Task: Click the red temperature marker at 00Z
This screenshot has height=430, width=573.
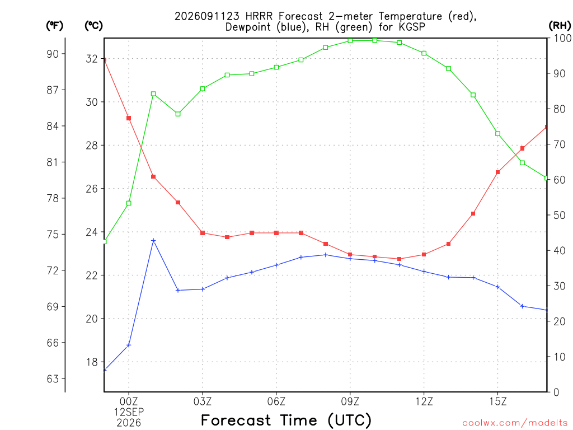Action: tap(129, 118)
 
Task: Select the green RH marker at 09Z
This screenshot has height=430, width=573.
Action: tap(350, 40)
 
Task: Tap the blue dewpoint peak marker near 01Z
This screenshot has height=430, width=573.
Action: tap(153, 241)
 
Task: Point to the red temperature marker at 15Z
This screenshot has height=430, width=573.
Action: tap(497, 172)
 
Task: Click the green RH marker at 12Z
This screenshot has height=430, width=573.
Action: tap(424, 53)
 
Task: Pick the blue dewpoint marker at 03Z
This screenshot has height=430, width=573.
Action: tap(203, 289)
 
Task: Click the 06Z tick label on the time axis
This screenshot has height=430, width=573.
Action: tap(276, 401)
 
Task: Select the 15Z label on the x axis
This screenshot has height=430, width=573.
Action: tap(497, 401)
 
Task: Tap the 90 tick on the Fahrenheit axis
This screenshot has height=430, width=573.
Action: tap(53, 54)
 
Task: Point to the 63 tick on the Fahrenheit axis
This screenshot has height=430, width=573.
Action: tap(53, 379)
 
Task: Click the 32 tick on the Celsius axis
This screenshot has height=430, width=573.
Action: tap(92, 59)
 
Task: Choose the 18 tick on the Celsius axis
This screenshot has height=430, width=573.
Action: tap(92, 362)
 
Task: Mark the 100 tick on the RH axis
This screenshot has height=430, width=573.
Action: tap(563, 38)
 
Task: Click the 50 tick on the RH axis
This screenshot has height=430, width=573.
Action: tap(560, 216)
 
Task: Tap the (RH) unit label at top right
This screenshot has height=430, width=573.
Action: tap(560, 26)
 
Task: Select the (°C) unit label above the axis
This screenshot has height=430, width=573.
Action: tap(93, 26)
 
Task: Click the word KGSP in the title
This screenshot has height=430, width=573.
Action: tap(412, 27)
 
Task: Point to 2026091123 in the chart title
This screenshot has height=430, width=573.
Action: tap(207, 16)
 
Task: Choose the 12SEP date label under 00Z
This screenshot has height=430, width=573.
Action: tap(129, 412)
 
